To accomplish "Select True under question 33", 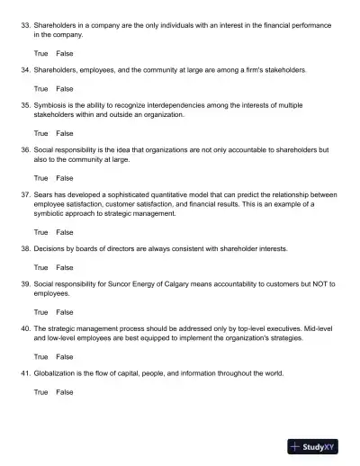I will click(x=41, y=53).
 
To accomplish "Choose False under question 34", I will click(x=65, y=89).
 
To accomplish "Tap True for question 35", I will click(x=41, y=133).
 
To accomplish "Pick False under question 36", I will click(x=65, y=178).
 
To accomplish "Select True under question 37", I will click(x=41, y=232).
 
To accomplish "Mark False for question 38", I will click(x=65, y=267).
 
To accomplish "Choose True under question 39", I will click(x=41, y=311).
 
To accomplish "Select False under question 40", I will click(x=65, y=356).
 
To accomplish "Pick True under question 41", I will click(x=41, y=392).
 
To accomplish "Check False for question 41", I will click(x=65, y=392).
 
